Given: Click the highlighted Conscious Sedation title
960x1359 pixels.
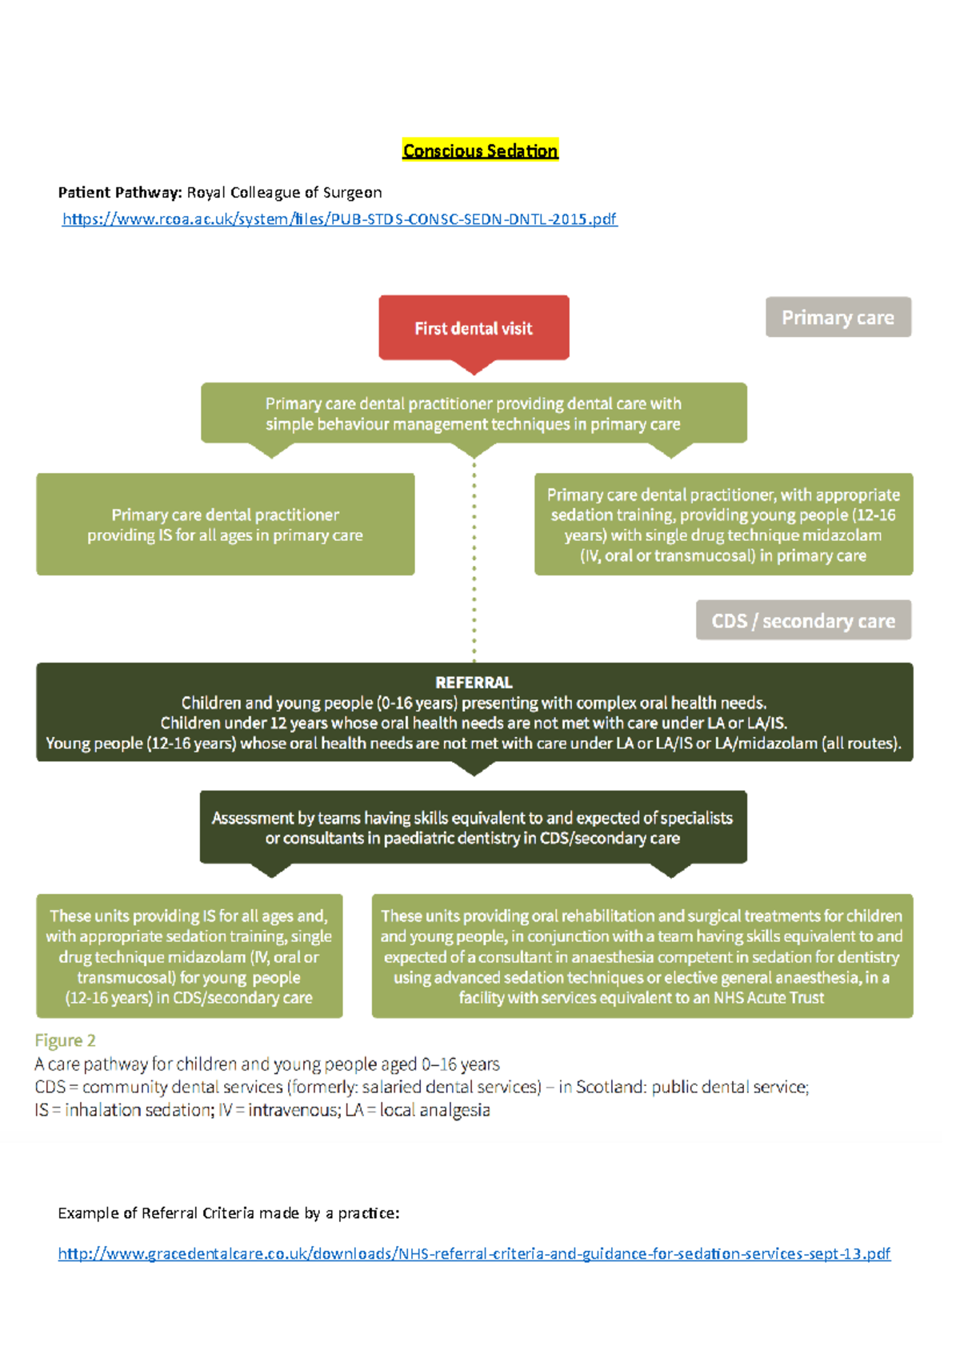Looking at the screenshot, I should (x=480, y=150).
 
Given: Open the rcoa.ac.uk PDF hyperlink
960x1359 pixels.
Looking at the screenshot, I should (x=339, y=218).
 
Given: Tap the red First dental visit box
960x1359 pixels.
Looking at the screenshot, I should (x=474, y=327).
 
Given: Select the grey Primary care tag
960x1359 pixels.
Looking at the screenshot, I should (x=838, y=317).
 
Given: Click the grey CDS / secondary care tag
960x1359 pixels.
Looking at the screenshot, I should (x=803, y=620).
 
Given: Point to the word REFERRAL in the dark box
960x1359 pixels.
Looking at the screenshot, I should (x=474, y=683).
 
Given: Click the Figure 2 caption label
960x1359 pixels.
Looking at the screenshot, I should (x=65, y=1040).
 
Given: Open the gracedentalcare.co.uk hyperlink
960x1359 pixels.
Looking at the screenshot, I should (x=474, y=1253).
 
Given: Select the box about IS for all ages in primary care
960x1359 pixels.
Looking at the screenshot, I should (x=225, y=524).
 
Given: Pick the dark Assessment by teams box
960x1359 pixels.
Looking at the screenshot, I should (x=473, y=828).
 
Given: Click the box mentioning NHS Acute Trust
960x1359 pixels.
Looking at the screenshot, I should (x=642, y=956).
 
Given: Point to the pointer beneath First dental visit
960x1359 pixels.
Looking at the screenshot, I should (x=474, y=367).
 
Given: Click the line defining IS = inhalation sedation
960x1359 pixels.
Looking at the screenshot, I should (x=262, y=1110).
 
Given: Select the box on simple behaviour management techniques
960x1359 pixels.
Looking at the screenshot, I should (x=473, y=414).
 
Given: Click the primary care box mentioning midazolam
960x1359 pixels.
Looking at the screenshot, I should (x=723, y=524).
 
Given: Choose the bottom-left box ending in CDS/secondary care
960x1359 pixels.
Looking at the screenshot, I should (x=189, y=956).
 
